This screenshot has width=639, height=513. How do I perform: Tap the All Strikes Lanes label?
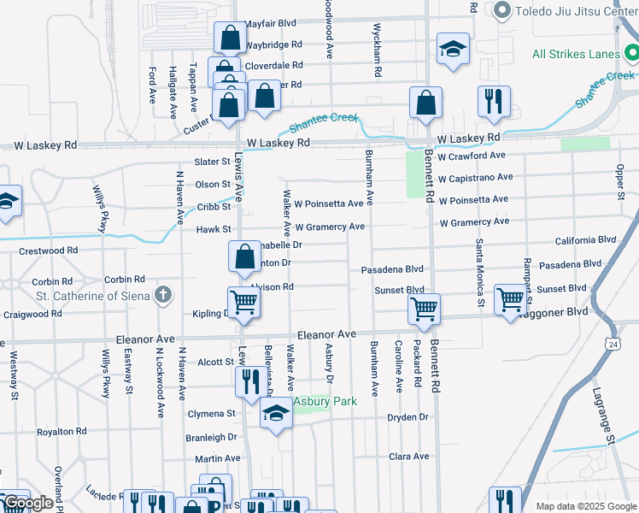click(575, 54)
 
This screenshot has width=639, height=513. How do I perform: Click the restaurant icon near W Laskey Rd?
click(494, 103)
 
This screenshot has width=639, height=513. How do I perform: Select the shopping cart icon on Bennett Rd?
click(424, 309)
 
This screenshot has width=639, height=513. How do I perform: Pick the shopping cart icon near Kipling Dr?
click(244, 302)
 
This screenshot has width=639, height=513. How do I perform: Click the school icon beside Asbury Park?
click(275, 416)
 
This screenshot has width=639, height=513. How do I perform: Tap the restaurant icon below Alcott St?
click(249, 381)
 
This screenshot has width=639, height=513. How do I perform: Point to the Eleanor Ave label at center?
click(325, 334)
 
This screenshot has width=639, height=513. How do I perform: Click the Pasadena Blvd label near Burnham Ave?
click(392, 268)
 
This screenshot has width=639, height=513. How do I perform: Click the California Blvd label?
click(585, 241)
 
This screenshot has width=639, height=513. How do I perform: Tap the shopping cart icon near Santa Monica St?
click(510, 300)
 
